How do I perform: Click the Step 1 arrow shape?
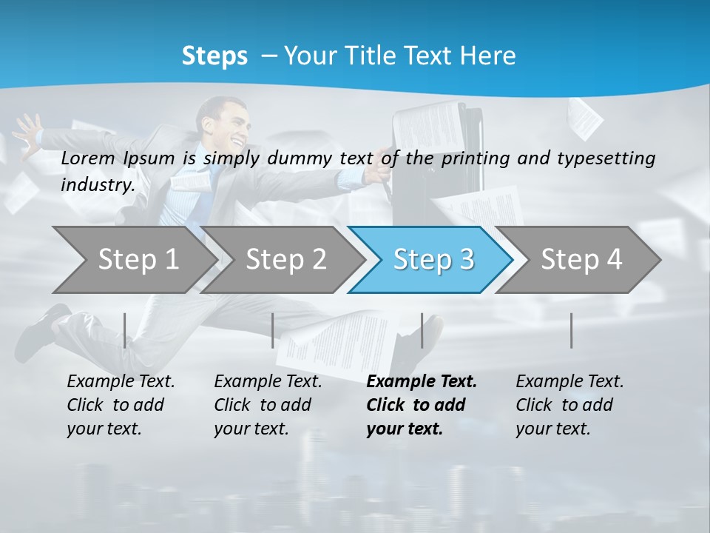click(133, 260)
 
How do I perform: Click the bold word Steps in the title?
click(214, 56)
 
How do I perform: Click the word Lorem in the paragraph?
click(88, 158)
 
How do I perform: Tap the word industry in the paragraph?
click(98, 184)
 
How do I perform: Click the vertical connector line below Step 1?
click(125, 330)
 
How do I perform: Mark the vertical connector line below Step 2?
click(273, 330)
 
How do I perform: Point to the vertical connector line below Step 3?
click(422, 330)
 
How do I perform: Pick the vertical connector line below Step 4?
click(572, 330)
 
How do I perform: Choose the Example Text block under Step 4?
click(569, 405)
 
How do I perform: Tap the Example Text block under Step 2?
click(268, 405)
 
